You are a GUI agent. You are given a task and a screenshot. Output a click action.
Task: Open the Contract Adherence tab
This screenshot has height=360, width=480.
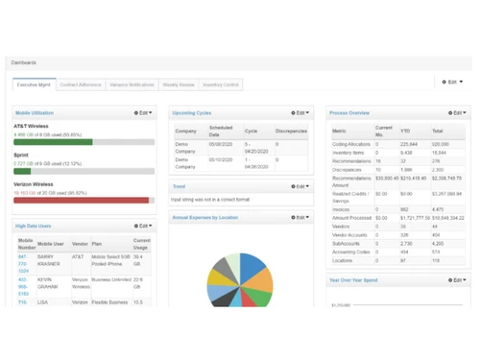tap(81, 85)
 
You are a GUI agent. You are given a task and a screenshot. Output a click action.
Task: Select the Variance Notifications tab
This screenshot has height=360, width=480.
tap(132, 85)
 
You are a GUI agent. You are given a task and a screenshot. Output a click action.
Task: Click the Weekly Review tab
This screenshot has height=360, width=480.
tap(179, 85)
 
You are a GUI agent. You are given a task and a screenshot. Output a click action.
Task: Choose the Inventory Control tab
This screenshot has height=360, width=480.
tap(221, 85)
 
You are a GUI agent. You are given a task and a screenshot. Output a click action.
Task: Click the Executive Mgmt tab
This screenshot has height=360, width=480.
tap(34, 85)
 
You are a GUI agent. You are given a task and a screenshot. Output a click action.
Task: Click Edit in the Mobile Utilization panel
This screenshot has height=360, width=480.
tap(143, 113)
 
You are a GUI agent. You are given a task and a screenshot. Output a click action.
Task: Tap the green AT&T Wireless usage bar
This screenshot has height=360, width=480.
tap(53, 142)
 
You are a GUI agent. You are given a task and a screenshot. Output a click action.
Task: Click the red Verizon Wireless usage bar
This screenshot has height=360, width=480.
tap(81, 201)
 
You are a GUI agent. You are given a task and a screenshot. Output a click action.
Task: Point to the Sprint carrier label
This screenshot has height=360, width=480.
tap(21, 155)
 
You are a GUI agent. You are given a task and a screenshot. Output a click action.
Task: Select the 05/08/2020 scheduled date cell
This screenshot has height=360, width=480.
tap(220, 144)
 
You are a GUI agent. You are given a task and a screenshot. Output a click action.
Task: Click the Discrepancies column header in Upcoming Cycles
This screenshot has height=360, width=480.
tap(291, 131)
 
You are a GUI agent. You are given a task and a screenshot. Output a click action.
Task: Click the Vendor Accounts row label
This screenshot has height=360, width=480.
tap(348, 235)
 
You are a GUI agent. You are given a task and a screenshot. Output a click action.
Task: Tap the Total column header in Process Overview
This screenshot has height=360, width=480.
tap(438, 131)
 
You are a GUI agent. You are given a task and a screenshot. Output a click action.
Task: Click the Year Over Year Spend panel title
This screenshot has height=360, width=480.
tap(353, 280)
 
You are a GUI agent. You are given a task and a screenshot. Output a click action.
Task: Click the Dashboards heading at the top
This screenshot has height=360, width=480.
tap(24, 62)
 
